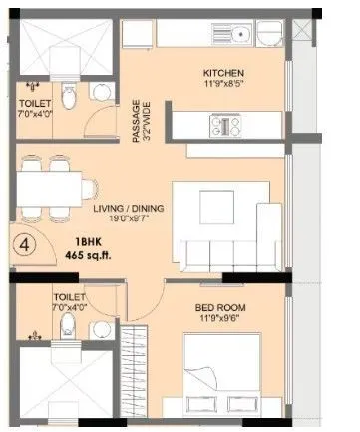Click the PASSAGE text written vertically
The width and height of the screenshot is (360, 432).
137,110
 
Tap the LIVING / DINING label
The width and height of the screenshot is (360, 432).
129,208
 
